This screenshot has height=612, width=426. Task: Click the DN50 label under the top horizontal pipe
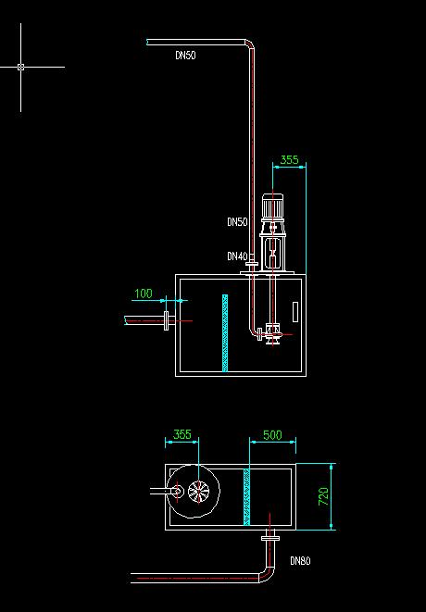tap(185, 55)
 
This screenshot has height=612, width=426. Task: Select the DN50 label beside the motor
tap(237, 221)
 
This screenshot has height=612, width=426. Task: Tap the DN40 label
tap(237, 256)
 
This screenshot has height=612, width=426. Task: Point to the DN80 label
tap(300, 561)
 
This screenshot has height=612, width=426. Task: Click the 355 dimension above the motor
tap(289, 159)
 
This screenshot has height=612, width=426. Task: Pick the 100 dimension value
tap(144, 294)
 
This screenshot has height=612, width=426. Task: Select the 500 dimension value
tap(272, 435)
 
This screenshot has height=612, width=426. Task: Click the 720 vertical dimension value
tap(324, 496)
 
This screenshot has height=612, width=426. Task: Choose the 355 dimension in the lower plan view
tap(182, 434)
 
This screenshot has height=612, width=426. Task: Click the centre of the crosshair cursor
tap(20, 68)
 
